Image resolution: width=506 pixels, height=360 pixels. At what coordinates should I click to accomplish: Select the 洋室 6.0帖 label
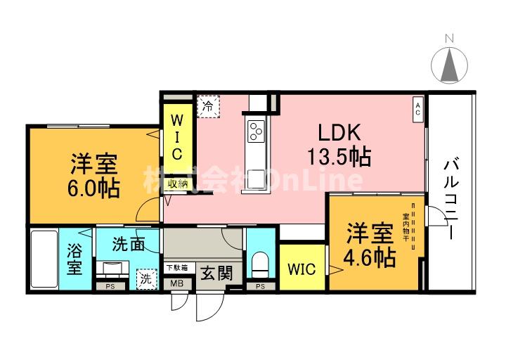click(x=93, y=176)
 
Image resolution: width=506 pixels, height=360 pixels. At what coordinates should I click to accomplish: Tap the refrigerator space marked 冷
click(x=208, y=107)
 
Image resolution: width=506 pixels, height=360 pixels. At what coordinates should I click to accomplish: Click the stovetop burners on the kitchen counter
click(x=255, y=129)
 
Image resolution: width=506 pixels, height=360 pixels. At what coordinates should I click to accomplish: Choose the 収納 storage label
click(x=177, y=185)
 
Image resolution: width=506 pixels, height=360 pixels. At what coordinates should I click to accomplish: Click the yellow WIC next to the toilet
click(x=301, y=269)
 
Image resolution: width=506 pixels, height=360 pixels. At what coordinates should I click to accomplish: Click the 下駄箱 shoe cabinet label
click(x=176, y=266)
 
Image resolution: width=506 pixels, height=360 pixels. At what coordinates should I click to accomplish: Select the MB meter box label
click(x=176, y=285)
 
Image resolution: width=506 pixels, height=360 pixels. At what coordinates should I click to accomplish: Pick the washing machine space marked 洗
click(x=146, y=278)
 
